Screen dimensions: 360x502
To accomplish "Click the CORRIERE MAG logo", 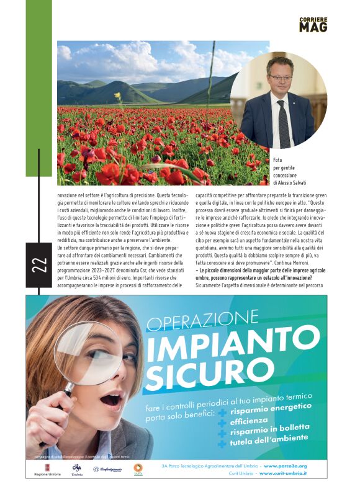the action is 313,24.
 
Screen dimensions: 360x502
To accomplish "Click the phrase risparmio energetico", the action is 271,409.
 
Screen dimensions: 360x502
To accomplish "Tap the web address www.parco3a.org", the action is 285,465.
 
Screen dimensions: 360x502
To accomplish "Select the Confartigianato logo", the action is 110,470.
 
